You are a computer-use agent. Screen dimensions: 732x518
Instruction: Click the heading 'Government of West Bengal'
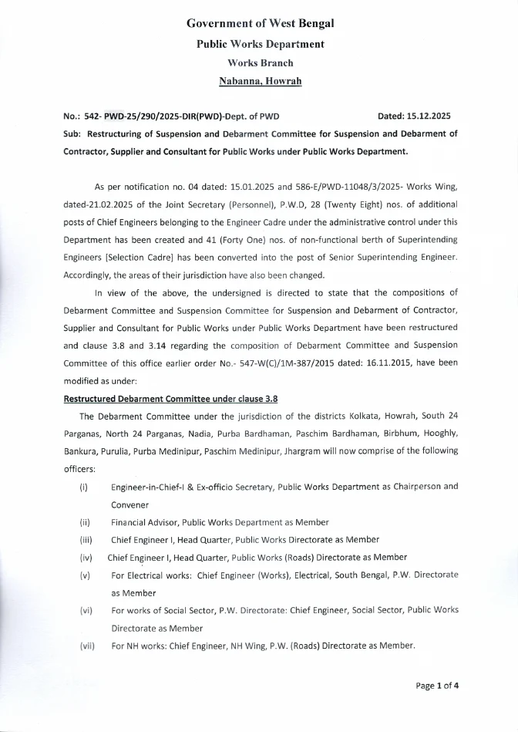click(x=260, y=24)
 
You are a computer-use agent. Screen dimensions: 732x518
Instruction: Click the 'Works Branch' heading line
click(x=260, y=62)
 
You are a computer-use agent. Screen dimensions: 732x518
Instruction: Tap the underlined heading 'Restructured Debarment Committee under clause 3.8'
click(x=170, y=398)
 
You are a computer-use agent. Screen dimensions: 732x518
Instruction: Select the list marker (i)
click(x=83, y=487)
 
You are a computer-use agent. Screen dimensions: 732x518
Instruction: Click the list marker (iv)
click(x=86, y=557)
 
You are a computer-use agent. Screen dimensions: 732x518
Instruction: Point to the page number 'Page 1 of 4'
click(x=438, y=685)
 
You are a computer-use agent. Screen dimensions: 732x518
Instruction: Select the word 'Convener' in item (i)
click(x=131, y=504)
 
